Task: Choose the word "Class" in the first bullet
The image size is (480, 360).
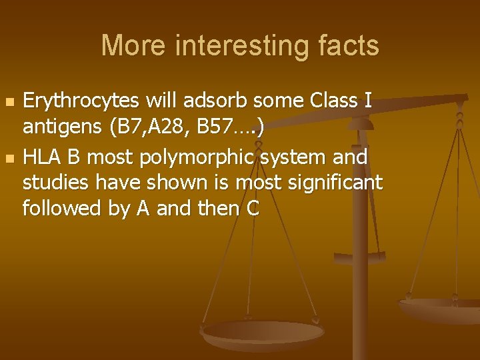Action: tap(334, 101)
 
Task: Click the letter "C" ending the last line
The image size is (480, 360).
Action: tap(252, 209)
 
